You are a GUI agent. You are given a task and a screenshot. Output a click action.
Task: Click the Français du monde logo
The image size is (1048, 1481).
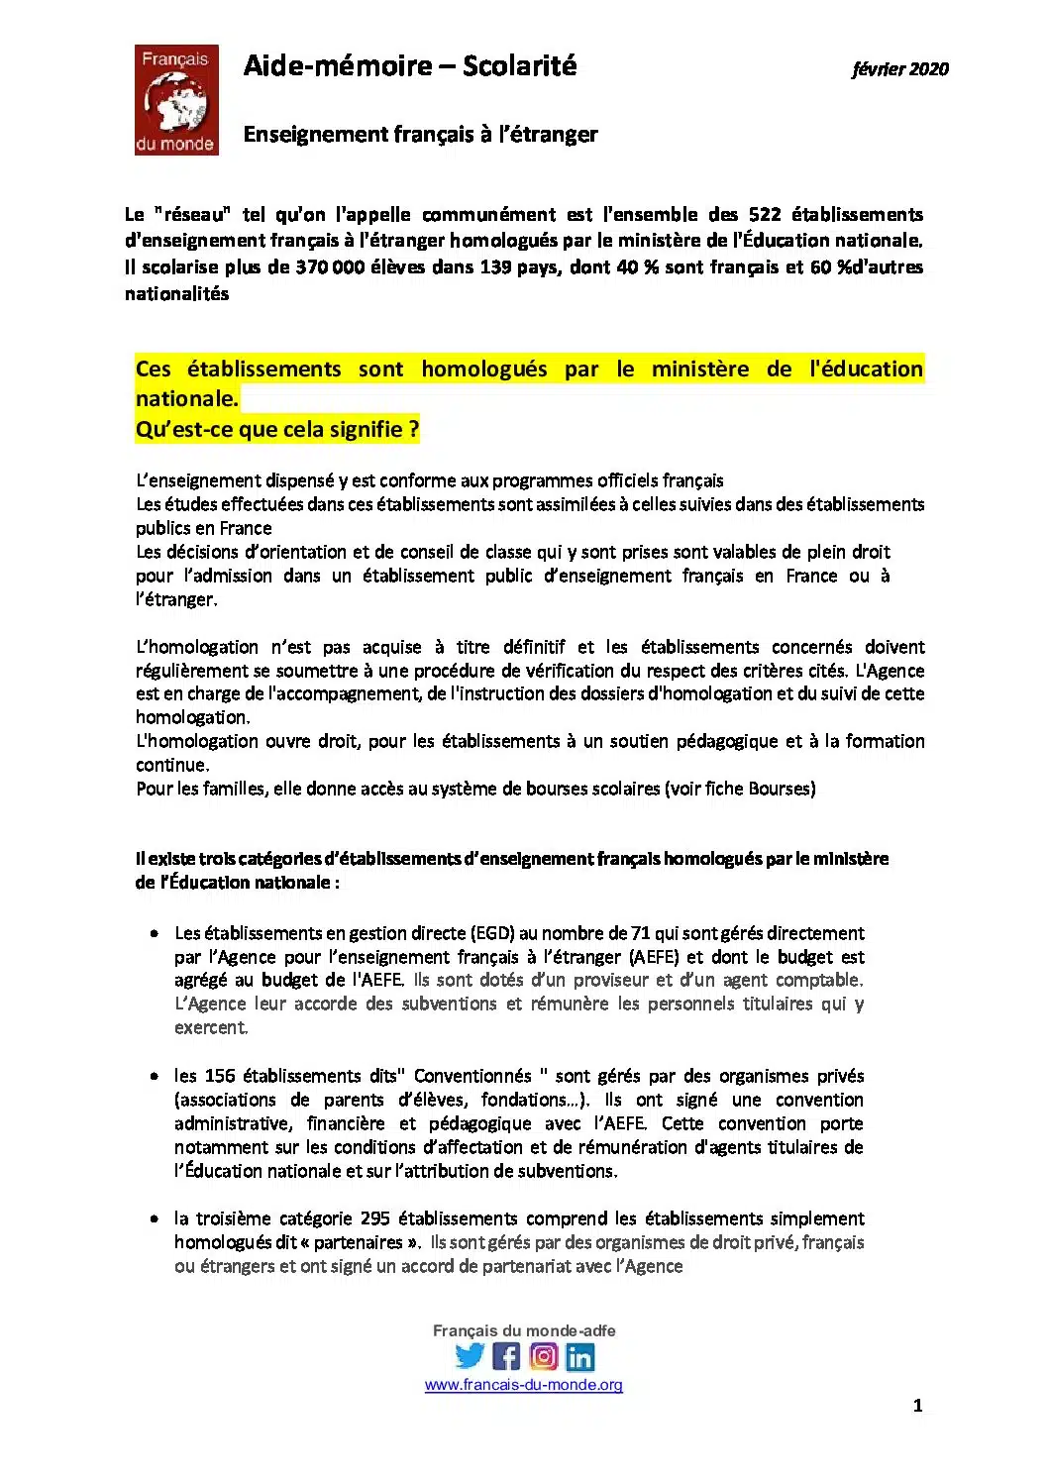[176, 100]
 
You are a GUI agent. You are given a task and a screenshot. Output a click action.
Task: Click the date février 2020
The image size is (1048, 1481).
[899, 68]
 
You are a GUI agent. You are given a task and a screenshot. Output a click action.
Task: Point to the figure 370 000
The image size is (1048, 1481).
[330, 266]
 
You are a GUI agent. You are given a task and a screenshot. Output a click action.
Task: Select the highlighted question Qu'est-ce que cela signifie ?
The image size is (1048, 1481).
[277, 430]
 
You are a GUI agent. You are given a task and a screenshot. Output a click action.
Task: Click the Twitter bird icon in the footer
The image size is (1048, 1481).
[470, 1356]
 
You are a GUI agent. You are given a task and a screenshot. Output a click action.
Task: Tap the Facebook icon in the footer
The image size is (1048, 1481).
[506, 1356]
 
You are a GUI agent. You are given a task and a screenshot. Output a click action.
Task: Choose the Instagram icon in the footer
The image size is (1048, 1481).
[543, 1356]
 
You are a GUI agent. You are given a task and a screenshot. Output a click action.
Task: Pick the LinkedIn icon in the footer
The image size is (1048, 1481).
[579, 1356]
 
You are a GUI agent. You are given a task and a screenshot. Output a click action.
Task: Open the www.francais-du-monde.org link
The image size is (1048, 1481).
[523, 1385]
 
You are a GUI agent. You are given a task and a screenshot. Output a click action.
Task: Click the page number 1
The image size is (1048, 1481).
[917, 1405]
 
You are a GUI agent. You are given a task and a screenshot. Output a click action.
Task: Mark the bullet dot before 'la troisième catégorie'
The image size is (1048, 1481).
[155, 1218]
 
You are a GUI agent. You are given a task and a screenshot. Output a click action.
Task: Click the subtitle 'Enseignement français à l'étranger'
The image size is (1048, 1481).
[420, 134]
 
